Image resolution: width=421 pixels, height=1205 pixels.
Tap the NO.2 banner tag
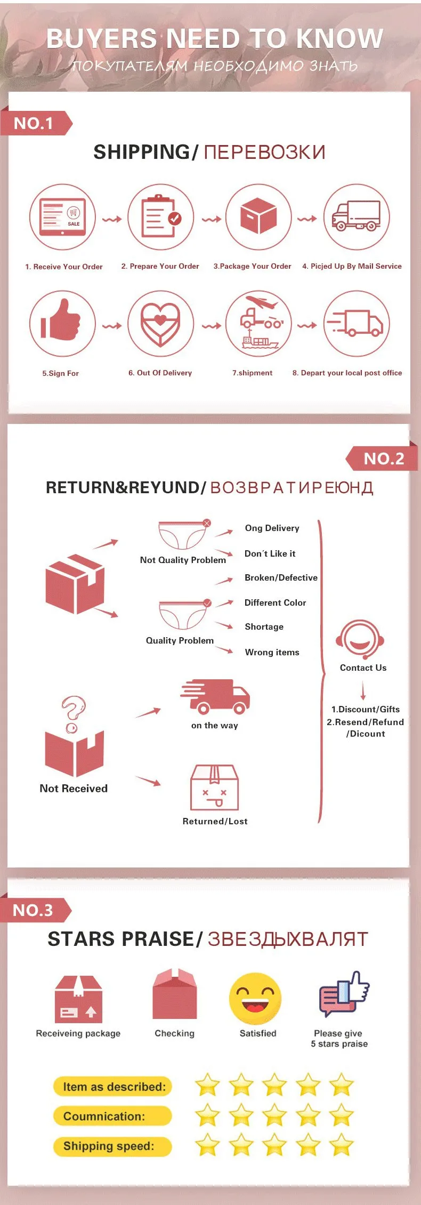(382, 458)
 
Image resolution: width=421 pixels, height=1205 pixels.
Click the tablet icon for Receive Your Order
(62, 217)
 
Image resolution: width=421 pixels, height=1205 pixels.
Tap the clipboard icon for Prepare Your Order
(160, 216)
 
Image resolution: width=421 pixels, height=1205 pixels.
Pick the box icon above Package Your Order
(258, 215)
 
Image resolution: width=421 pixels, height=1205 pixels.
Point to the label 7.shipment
(252, 373)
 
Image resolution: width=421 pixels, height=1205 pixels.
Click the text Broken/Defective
(281, 577)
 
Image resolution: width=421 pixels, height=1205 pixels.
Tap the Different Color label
(275, 602)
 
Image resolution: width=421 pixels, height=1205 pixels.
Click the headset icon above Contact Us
(360, 639)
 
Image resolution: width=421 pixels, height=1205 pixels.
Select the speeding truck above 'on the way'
(215, 696)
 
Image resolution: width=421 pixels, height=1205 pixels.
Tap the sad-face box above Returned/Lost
(214, 788)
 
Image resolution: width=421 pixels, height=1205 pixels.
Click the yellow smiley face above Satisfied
(255, 999)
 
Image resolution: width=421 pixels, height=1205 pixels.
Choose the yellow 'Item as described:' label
(113, 1086)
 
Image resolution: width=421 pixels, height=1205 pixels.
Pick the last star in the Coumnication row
(341, 1115)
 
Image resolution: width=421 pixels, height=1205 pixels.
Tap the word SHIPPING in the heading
(142, 152)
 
